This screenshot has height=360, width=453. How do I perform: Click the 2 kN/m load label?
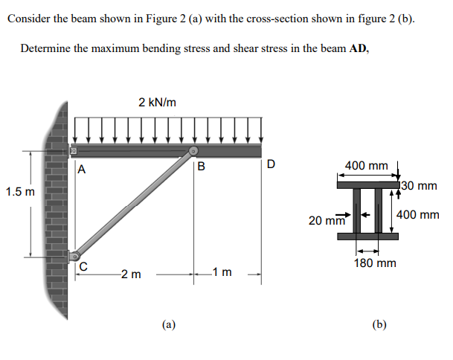pos(157,102)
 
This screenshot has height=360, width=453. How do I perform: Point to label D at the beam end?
pos(271,163)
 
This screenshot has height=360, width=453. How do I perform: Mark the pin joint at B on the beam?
pos(193,152)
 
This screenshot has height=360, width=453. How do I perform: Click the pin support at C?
pos(74,257)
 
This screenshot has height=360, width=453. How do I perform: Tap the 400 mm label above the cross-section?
pos(367,165)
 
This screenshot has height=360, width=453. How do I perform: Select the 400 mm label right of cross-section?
pos(418,215)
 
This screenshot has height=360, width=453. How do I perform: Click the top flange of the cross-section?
pos(367,182)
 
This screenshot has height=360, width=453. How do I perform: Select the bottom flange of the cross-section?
pos(367,237)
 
